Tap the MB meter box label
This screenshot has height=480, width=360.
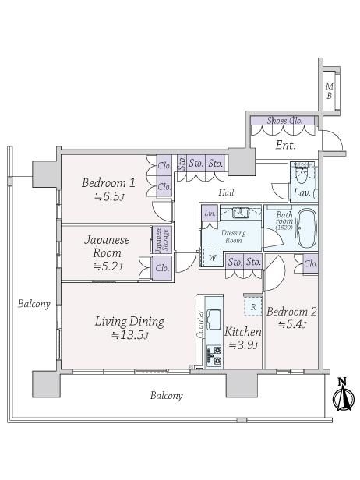click(x=330, y=91)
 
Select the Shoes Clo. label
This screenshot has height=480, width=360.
click(x=284, y=121)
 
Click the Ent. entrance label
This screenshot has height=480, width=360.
click(x=286, y=145)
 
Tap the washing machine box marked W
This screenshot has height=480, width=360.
click(x=212, y=258)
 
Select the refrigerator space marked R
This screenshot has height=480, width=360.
click(x=253, y=306)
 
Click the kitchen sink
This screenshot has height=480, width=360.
click(x=214, y=319)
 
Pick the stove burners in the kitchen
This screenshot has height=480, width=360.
click(x=214, y=355)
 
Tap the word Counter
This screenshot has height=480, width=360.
click(x=200, y=324)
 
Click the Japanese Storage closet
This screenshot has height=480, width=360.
click(x=162, y=241)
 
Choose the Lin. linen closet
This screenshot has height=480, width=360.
click(x=210, y=214)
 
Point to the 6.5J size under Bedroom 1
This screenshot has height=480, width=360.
click(x=108, y=196)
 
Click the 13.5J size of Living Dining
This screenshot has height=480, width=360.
click(x=130, y=336)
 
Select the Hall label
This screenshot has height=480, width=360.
click(x=227, y=192)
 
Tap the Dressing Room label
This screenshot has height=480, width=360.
click(x=234, y=237)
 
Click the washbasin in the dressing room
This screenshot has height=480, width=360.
click(x=241, y=212)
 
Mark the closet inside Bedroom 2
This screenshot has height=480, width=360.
click(x=310, y=263)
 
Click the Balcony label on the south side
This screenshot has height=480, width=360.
click(x=166, y=396)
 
